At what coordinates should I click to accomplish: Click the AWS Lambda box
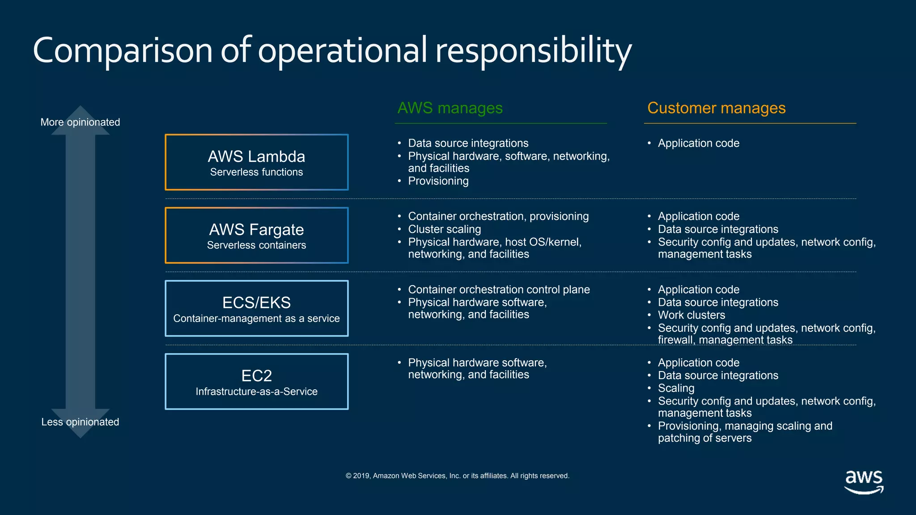click(256, 162)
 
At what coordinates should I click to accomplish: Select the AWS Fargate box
click(256, 235)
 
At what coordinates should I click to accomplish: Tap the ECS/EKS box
click(256, 308)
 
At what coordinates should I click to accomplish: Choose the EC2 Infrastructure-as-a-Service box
click(256, 381)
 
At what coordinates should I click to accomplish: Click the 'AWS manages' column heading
click(450, 108)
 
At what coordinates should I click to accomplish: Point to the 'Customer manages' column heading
click(716, 108)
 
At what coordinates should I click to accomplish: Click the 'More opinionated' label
click(80, 122)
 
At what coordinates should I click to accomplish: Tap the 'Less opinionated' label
click(80, 422)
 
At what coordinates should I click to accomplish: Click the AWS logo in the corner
click(864, 482)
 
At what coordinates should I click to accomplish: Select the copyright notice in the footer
click(457, 476)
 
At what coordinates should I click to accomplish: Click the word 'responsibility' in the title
click(533, 50)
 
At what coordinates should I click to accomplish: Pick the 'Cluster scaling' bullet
click(444, 229)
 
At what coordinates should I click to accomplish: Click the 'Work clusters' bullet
click(691, 315)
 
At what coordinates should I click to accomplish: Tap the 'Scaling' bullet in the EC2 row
click(676, 388)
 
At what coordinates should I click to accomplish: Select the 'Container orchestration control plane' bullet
click(499, 290)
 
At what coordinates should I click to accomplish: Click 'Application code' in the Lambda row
click(698, 143)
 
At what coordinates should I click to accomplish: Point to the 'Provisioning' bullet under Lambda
click(438, 181)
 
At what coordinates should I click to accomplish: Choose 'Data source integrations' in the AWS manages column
click(468, 143)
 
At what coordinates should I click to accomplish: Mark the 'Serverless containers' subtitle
click(256, 245)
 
